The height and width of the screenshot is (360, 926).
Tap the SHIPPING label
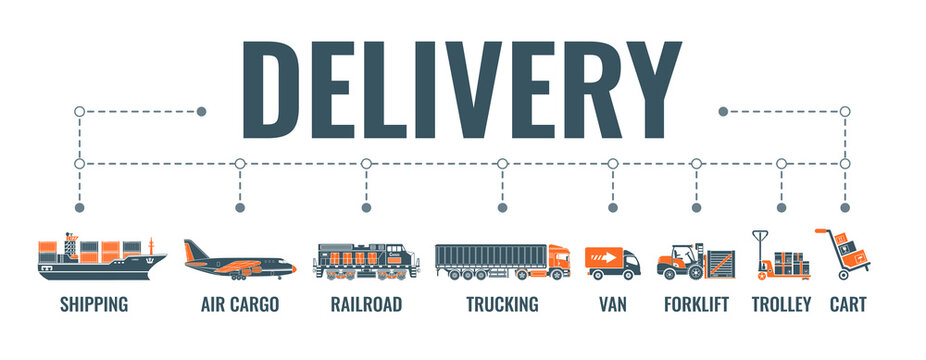(x=94, y=304)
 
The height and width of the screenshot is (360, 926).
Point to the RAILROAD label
(x=366, y=304)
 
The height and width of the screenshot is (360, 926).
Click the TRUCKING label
(x=502, y=304)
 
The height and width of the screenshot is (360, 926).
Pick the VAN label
(x=612, y=304)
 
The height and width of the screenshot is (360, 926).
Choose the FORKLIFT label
(x=696, y=304)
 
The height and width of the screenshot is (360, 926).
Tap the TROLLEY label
(x=781, y=304)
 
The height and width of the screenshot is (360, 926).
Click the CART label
(x=847, y=304)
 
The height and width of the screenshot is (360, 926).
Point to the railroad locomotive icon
(x=365, y=260)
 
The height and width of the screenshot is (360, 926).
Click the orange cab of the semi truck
(x=557, y=262)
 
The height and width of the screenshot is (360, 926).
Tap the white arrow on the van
(x=604, y=258)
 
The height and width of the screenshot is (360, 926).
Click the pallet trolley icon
(x=780, y=257)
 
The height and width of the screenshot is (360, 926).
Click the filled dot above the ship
(x=80, y=208)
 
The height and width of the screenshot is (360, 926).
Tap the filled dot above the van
(x=612, y=208)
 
